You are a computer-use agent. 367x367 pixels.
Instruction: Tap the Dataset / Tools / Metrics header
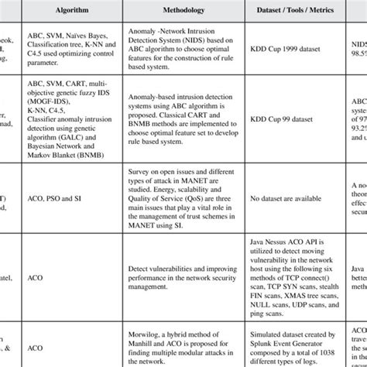pyautogui.click(x=294, y=13)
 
